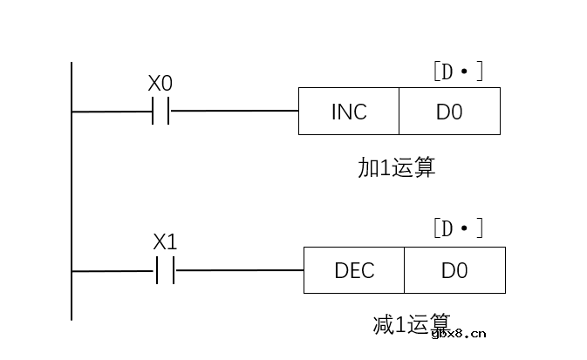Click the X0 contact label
coord(160,84)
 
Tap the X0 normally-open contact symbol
coord(161,112)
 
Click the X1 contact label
coord(165,242)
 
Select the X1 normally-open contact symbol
coord(165,271)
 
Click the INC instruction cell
coord(349,112)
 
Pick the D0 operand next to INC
coord(449,112)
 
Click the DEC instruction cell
coord(354,271)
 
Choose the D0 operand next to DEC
coord(454,271)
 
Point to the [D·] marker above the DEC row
coord(458,229)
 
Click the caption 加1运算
coord(396,167)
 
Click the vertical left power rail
coord(72,192)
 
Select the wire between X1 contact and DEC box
coord(239,271)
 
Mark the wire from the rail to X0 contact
coord(112,112)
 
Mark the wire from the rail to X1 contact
coord(113,271)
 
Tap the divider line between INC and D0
coord(399,112)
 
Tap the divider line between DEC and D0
coord(405,271)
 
